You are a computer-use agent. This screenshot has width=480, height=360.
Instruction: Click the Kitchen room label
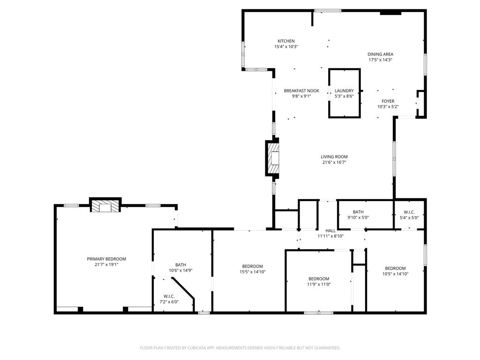[286, 41]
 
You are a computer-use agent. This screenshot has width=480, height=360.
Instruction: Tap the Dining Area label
[380, 54]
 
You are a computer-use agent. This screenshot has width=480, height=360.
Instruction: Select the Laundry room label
[344, 91]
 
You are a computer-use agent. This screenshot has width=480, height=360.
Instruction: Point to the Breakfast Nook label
[301, 91]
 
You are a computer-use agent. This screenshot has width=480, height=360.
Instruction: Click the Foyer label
[388, 101]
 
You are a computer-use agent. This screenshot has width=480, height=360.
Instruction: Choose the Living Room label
[334, 157]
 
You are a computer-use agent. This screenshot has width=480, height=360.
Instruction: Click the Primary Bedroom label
[106, 259]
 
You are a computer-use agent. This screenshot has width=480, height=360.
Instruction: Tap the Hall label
[330, 231]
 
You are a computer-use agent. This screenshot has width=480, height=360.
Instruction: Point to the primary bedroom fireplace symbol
[105, 207]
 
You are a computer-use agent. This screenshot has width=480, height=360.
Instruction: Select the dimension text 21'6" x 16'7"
[334, 163]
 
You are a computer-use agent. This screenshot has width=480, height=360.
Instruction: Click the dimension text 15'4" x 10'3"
[286, 47]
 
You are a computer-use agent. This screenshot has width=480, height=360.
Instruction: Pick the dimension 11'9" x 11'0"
[319, 284]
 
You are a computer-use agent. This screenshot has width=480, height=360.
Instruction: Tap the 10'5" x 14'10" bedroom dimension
[395, 274]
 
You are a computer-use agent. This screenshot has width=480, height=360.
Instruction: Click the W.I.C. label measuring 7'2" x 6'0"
[169, 296]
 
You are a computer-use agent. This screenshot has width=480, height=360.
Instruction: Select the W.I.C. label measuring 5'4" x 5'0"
[409, 212]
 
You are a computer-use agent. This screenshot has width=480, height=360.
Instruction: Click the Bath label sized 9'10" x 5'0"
[358, 212]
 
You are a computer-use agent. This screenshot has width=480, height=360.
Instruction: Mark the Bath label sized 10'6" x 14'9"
[180, 265]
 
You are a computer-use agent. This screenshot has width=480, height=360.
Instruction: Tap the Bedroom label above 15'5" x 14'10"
[252, 266]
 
